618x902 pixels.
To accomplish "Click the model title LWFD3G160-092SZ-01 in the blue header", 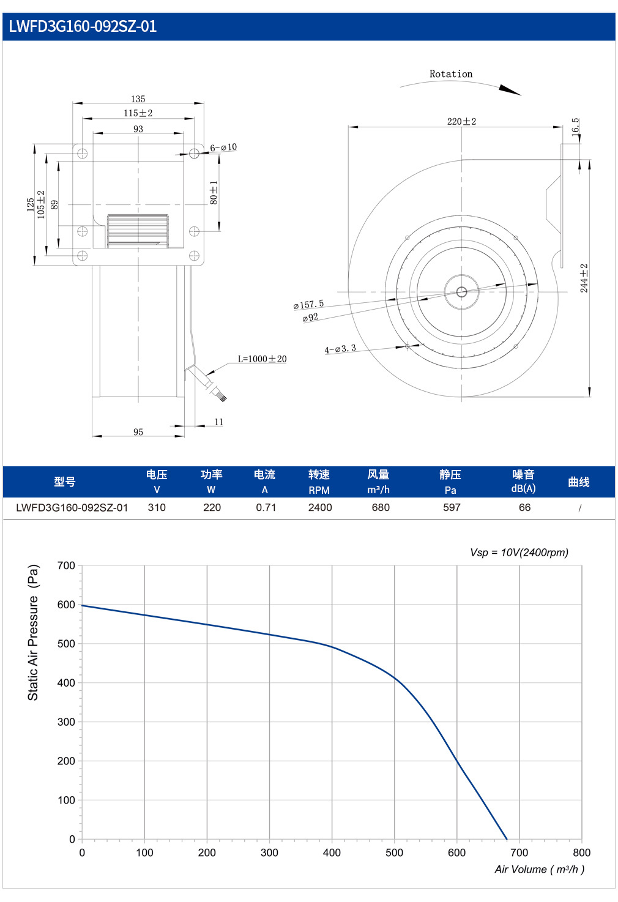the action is point(83,26).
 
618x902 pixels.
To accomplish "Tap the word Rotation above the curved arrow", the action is point(451,73).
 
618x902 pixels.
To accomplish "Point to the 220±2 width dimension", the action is point(461,121).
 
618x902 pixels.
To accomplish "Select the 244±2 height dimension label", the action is point(584,278).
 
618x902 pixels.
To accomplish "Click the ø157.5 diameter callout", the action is point(308,304).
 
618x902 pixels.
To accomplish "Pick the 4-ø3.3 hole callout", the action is point(340,349).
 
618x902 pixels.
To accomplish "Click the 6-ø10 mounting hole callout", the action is point(223,147).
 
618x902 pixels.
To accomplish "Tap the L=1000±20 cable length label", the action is point(262,359).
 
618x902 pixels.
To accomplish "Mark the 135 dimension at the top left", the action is point(138,99).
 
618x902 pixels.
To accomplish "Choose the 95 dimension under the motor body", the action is point(138,431).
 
